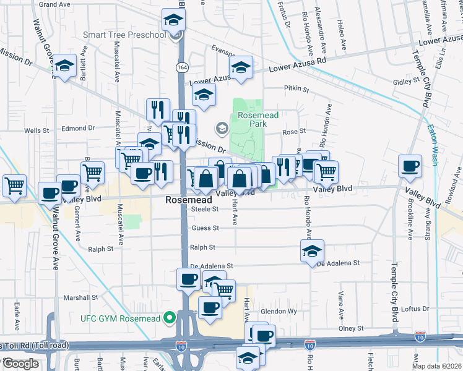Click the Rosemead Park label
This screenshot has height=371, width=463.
[248, 119]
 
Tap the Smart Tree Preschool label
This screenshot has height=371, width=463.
[123, 35]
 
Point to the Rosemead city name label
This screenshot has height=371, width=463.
[189, 200]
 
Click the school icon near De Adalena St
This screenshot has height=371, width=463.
[312, 251]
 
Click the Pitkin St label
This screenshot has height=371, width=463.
[296, 89]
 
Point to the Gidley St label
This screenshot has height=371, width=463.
[405, 82]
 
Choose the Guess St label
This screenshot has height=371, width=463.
[206, 228]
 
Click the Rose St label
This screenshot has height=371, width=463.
[294, 131]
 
